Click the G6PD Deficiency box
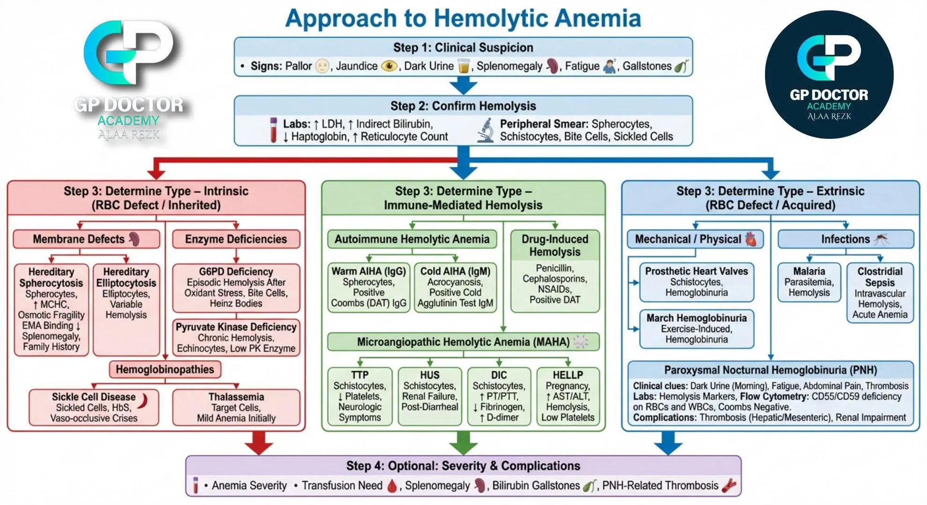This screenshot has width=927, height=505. coord(236,287)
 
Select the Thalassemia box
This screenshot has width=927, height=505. coord(236,407)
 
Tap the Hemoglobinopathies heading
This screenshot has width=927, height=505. coord(165,369)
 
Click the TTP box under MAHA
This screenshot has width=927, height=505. coord(360,396)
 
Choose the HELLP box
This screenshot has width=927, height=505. coord(567,396)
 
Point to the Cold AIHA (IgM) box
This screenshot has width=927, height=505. coord(455,287)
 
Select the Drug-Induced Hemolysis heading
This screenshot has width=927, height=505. coord(555,245)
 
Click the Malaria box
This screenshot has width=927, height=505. coord(809,282)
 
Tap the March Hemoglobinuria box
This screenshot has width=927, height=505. coord(697,329)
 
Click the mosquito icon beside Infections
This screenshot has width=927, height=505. coord(882,239)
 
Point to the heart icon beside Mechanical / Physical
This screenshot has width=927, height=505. coord(750,239)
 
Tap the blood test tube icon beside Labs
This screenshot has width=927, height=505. coord(273,130)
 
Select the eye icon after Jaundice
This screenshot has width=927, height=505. coord(389,66)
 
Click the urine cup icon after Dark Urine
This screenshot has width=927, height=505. coord(463,66)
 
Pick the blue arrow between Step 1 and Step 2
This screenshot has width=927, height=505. coord(463,85)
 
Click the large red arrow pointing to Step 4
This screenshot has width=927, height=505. coord(259,442)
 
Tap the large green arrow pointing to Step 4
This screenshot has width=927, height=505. coord(463,442)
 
